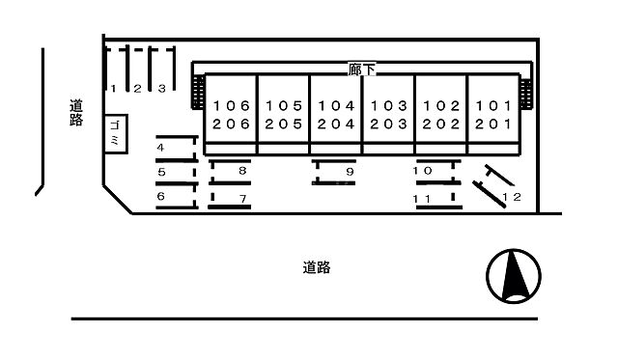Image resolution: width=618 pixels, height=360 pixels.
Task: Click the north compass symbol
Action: (514, 275)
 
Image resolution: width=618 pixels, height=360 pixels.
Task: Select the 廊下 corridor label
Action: (361, 69)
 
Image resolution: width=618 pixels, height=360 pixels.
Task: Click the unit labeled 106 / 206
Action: (232, 114)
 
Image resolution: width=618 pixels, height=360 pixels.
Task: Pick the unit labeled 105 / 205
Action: (284, 114)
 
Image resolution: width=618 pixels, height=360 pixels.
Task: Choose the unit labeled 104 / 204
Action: (336, 114)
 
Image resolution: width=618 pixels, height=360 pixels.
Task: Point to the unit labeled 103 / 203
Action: (388, 114)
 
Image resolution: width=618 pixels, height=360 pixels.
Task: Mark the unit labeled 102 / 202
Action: (440, 114)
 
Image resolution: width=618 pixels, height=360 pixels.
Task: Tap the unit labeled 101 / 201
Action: (492, 114)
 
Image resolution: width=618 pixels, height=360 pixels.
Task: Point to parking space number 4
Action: (176, 148)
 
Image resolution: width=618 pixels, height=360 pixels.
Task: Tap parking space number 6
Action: (176, 197)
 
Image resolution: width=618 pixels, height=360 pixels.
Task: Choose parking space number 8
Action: (232, 171)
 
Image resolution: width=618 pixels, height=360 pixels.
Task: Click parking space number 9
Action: (335, 172)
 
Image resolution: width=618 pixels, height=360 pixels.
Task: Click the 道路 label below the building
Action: (316, 267)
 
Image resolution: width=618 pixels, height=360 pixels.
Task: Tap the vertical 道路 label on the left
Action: (76, 113)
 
